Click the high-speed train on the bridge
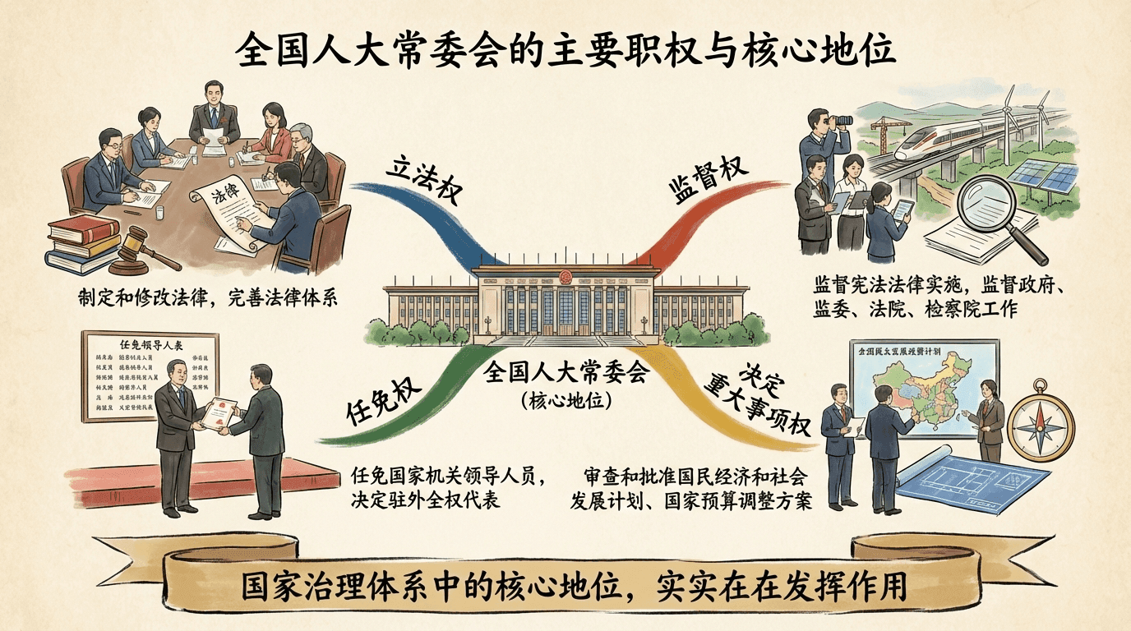pyautogui.click(x=945, y=139)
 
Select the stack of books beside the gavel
pyautogui.click(x=82, y=242)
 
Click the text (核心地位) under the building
pyautogui.click(x=565, y=403)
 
